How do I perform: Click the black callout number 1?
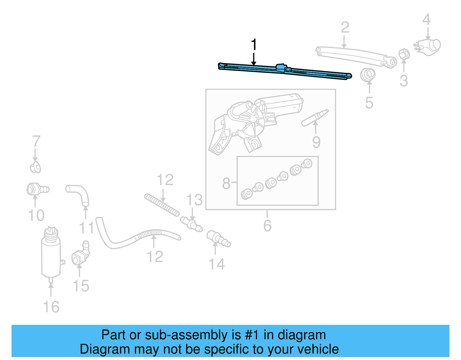coord(254,45)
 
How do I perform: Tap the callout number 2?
coord(345,28)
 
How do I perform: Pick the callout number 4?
coord(426,20)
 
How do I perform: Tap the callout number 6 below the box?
coord(267,225)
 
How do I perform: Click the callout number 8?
coord(226,183)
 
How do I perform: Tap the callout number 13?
coord(194,200)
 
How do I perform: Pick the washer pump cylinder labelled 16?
coord(51,254)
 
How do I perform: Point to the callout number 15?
coord(81,286)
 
